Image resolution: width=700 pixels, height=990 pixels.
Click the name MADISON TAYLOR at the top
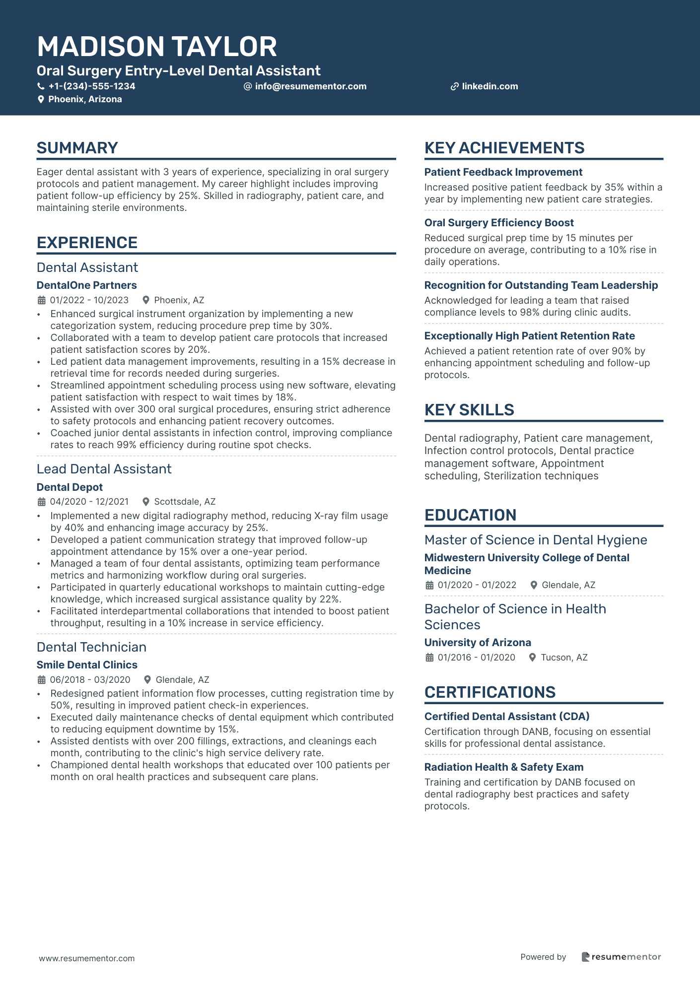point(157,47)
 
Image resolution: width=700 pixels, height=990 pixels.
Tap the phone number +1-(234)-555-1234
point(92,86)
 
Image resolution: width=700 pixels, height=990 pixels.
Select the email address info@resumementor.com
point(310,86)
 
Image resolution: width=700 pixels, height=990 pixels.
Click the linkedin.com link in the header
point(490,86)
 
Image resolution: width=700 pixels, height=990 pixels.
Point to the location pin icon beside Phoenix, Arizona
point(41,99)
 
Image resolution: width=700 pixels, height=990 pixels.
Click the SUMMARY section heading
point(77,148)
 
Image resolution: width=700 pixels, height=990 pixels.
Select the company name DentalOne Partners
point(87,285)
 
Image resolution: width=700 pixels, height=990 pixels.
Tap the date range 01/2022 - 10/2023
point(89,300)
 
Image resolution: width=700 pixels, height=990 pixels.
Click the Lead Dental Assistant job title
point(104,469)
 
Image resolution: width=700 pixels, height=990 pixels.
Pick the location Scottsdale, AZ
point(185,502)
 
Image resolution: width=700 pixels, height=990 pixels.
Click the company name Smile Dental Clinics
point(87,665)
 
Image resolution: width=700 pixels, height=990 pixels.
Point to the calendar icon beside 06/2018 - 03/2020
point(42,680)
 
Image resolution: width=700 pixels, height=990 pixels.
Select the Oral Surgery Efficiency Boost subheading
point(499,223)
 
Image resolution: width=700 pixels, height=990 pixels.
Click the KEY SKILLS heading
point(469,410)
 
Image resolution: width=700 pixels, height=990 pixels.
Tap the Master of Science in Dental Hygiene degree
point(536,540)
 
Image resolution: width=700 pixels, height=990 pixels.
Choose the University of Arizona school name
point(478,643)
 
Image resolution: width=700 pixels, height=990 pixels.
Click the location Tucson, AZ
point(564,658)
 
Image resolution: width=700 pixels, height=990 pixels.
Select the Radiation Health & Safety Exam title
point(504,767)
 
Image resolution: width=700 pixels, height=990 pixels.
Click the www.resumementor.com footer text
point(87,958)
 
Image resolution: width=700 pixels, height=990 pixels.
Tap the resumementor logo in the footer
point(621,957)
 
